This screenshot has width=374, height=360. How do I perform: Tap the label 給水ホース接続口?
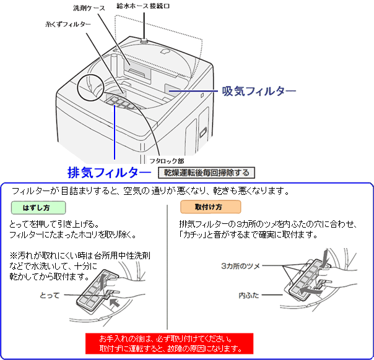(146, 6)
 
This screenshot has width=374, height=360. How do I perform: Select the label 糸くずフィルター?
(68, 24)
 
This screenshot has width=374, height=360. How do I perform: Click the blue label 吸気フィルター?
(259, 91)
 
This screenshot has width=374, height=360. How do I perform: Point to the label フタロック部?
(167, 160)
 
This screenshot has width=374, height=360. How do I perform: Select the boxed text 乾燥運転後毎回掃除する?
(206, 172)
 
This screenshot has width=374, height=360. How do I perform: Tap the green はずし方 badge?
(38, 207)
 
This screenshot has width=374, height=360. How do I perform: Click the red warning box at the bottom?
(170, 344)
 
